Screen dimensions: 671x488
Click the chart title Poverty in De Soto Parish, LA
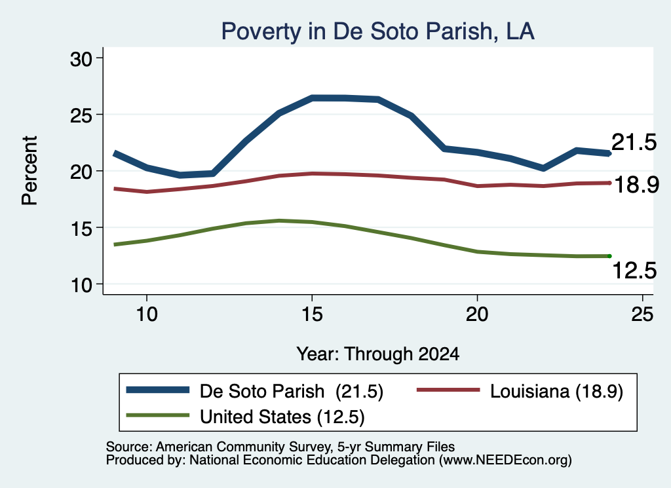tap(377, 31)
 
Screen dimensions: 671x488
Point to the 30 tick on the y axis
tap(81, 59)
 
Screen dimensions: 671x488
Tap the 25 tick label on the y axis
tap(81, 115)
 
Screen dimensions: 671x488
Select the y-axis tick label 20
tap(81, 172)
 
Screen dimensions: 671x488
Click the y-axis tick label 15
tap(81, 229)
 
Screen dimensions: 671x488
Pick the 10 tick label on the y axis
tap(81, 285)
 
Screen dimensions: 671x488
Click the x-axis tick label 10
tap(147, 314)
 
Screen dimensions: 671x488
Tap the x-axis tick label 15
tap(312, 314)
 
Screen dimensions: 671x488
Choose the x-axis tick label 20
tap(477, 314)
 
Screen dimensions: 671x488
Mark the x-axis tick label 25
tap(642, 314)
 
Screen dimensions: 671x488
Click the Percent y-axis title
tap(29, 171)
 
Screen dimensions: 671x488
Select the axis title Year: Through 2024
tap(378, 354)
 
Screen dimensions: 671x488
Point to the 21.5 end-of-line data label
tap(634, 142)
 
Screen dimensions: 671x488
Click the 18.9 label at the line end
tap(637, 185)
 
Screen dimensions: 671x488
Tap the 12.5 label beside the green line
tap(634, 271)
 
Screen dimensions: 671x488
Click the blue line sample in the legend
tap(158, 390)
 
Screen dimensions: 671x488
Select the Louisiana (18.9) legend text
tap(556, 391)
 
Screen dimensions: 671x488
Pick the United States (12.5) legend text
tap(282, 417)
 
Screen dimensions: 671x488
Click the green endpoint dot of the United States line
tap(609, 256)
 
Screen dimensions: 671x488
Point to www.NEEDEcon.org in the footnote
tap(505, 460)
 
